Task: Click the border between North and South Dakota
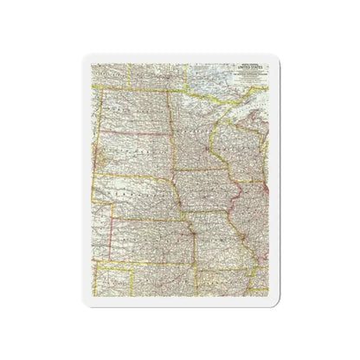click(x=130, y=138)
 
